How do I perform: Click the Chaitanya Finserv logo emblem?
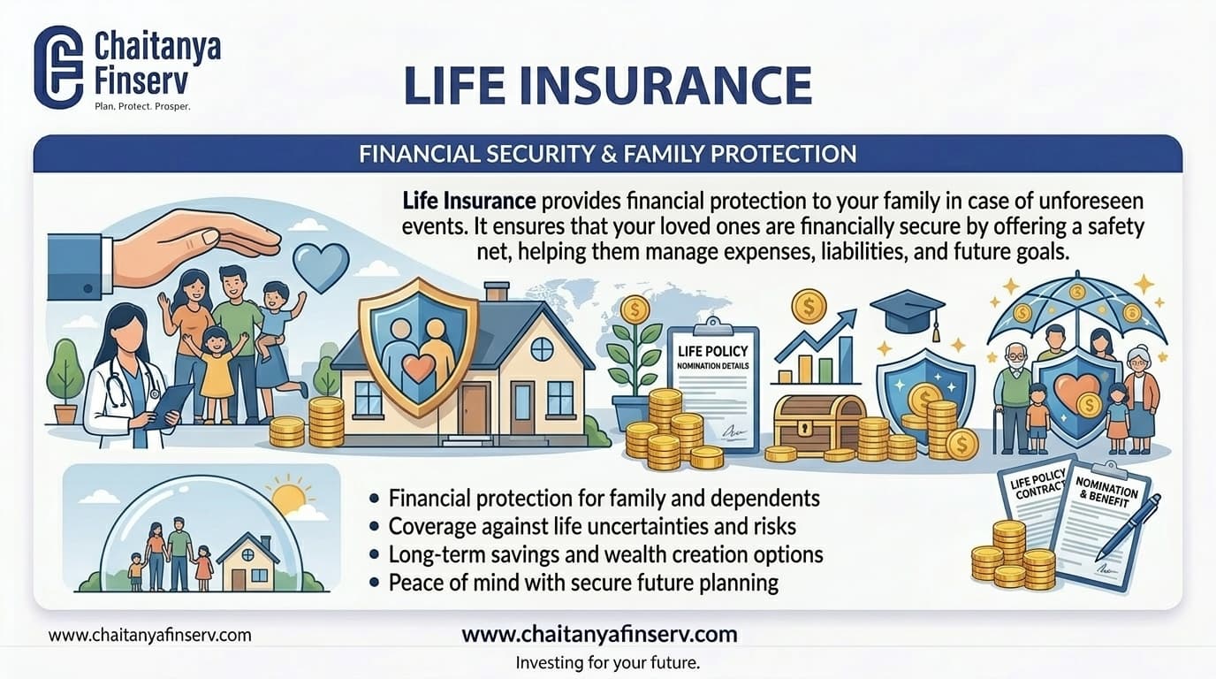click(58, 66)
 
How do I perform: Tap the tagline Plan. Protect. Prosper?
click(142, 106)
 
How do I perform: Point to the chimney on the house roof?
click(497, 292)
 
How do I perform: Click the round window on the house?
click(541, 348)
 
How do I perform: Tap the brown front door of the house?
click(474, 408)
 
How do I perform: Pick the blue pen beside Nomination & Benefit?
click(1129, 529)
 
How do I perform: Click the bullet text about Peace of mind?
click(583, 583)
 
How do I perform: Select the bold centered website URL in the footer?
click(599, 634)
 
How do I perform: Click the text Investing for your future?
click(613, 662)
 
